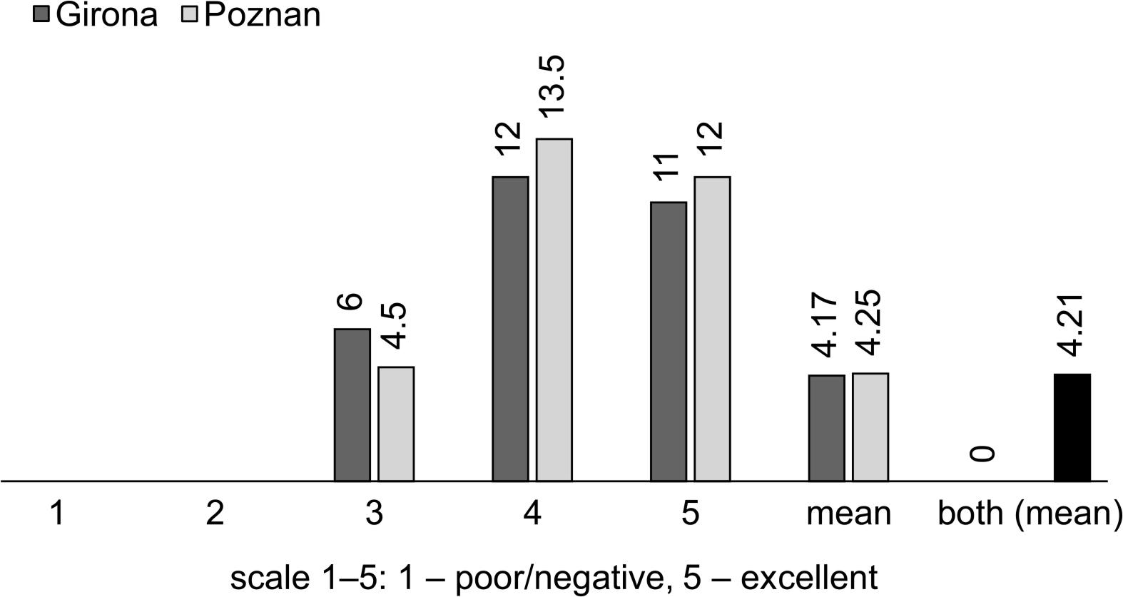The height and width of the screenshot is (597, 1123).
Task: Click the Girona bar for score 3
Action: pos(352,405)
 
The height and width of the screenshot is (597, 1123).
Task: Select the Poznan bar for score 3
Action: pos(396,424)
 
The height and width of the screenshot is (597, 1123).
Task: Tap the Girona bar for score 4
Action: pos(511,329)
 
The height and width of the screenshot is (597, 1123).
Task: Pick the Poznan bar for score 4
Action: pos(554,310)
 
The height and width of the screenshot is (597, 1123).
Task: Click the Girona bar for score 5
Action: pos(669,342)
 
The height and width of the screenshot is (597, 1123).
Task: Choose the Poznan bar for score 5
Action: pos(712,329)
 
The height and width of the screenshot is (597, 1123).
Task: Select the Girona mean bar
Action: pos(827,428)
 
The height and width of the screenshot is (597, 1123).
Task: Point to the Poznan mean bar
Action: pos(870,427)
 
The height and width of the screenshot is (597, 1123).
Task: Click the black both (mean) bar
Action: pos(1072,427)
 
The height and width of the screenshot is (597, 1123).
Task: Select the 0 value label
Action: pos(985,454)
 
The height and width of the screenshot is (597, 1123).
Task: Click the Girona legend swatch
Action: pos(41,16)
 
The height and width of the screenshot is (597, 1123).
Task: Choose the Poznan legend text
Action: pos(262,16)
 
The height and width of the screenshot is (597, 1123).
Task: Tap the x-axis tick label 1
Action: pos(58,514)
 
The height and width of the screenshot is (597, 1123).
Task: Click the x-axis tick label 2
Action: pos(215,514)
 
